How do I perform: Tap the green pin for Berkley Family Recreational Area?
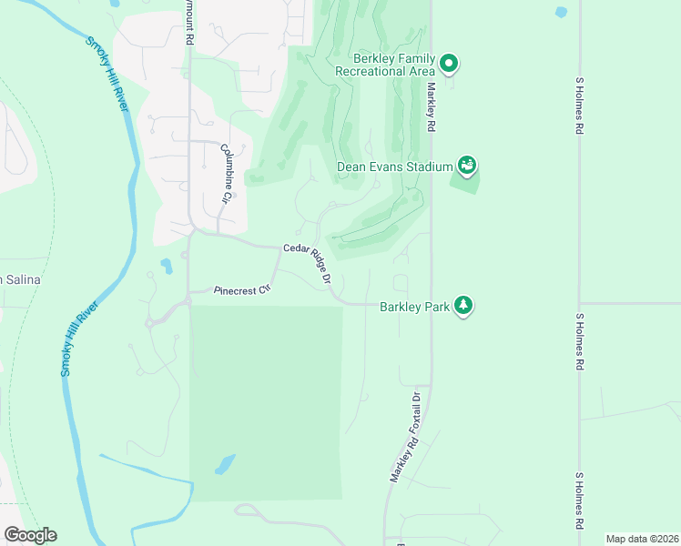[x=449, y=64]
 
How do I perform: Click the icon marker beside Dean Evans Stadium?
[x=467, y=166]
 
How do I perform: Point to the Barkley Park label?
[x=414, y=307]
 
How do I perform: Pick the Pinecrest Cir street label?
[x=243, y=291]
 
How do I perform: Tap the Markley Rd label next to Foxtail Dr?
[x=401, y=459]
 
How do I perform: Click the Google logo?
[x=30, y=535]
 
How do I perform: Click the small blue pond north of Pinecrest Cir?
[x=166, y=267]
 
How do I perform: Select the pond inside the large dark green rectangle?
[x=223, y=465]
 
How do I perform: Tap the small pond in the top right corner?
[x=561, y=13]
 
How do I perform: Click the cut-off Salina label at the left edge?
[x=20, y=279]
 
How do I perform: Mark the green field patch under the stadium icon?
[x=464, y=180]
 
